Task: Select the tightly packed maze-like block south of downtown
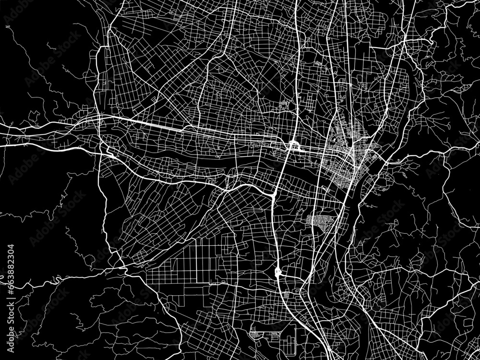click(x=319, y=222)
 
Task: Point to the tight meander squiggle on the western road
click(x=55, y=278)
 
